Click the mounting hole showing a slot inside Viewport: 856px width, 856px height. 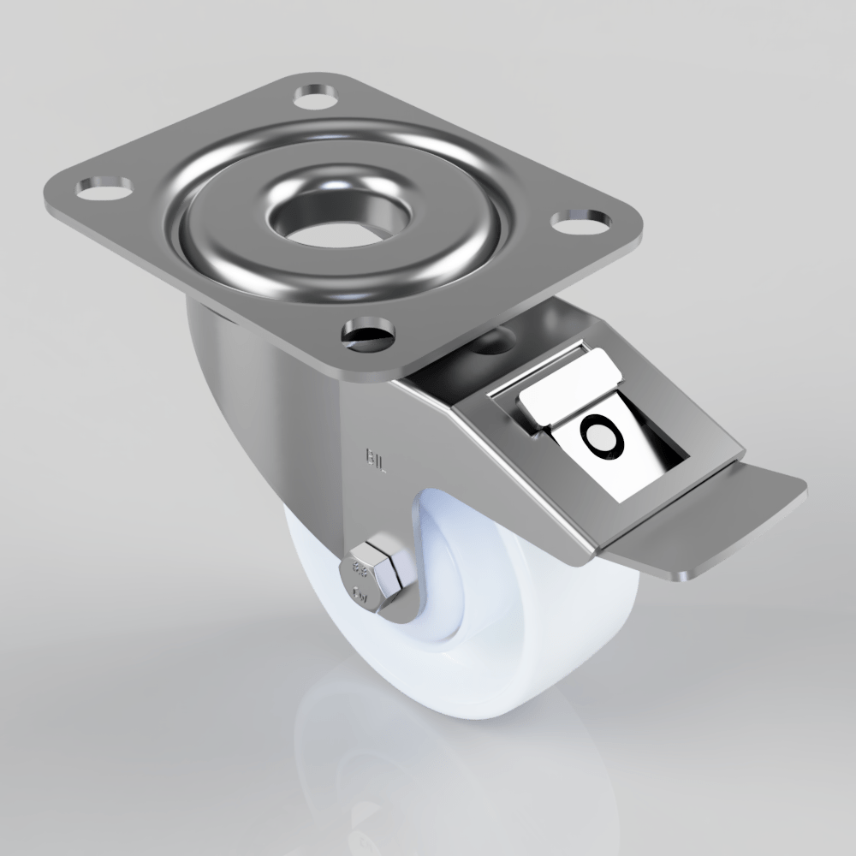pos(366,336)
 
